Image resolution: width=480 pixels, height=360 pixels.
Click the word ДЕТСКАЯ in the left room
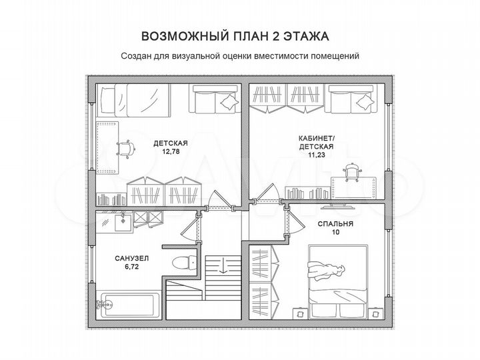point(170,143)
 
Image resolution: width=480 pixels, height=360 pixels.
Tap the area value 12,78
point(170,151)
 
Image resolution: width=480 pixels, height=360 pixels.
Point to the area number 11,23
point(317,154)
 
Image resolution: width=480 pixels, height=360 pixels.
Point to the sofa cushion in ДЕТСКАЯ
point(228,101)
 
